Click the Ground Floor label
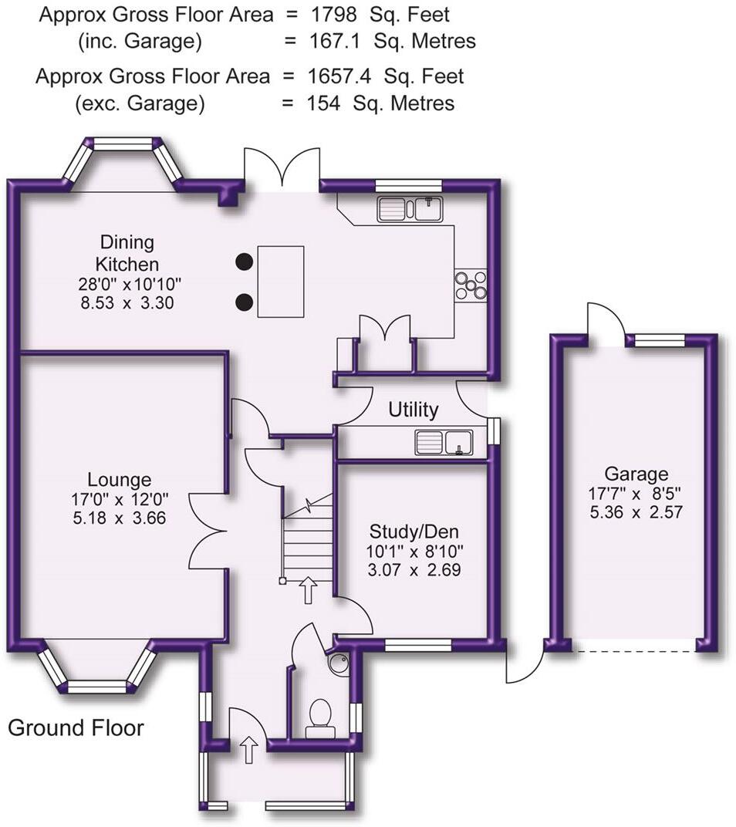coord(76,727)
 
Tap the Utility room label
coord(413,409)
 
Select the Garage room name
coord(636,474)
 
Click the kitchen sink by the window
coord(408,209)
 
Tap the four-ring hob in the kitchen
coord(471,285)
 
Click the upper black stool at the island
coord(245,262)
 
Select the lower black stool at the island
coord(245,302)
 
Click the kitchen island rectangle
coord(280,281)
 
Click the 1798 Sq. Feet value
coord(380,14)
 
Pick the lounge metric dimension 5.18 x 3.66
coord(119,518)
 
